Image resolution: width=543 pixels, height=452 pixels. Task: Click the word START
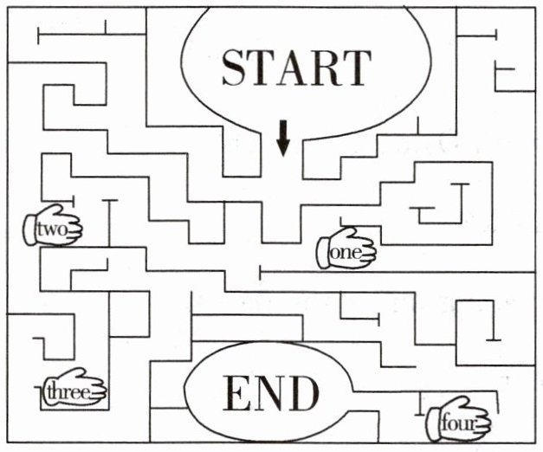point(296,68)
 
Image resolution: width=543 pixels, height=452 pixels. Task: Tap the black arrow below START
point(283,139)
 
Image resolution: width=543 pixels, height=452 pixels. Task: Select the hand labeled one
point(346,248)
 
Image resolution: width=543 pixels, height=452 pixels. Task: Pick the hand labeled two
point(52,225)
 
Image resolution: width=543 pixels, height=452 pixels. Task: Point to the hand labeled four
point(458,419)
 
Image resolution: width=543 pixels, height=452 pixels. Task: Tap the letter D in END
point(301,394)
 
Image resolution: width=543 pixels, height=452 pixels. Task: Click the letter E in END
point(237,394)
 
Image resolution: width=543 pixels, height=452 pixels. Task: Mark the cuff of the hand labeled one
point(322,253)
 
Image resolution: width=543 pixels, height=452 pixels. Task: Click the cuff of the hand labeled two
point(29,229)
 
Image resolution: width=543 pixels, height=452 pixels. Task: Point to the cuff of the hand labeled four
point(433,424)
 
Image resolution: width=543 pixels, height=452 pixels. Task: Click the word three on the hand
point(68,392)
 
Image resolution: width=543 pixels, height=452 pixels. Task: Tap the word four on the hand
point(457,423)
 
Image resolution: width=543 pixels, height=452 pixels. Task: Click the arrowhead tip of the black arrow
point(283,157)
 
